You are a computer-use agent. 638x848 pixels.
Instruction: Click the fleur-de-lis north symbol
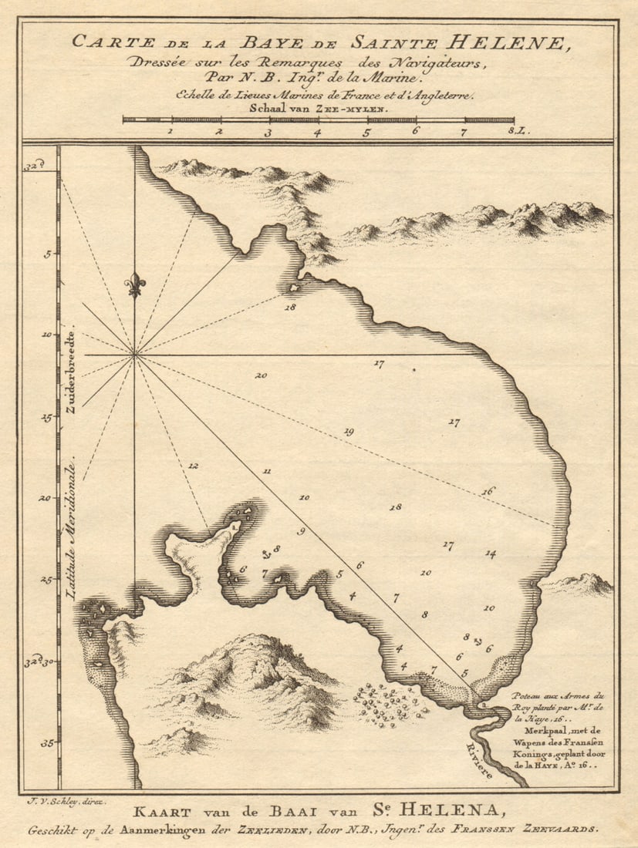pos(135,284)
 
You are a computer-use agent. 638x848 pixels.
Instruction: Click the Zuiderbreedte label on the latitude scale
pos(70,374)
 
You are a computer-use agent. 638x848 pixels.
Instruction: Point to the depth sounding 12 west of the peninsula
pos(193,466)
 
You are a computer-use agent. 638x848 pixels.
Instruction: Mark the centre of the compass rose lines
pos(135,355)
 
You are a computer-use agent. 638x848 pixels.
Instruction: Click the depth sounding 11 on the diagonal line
pos(267,470)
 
